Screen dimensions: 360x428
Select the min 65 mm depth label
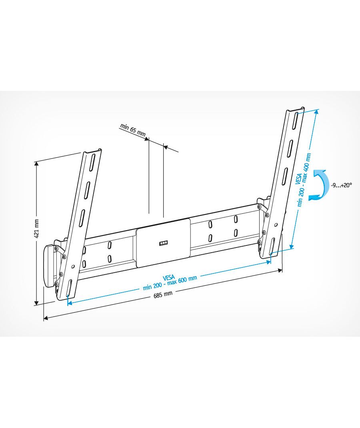click(133, 130)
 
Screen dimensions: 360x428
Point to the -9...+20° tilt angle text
click(341, 185)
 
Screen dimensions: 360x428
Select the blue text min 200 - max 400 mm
click(304, 180)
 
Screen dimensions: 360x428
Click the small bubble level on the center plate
click(164, 243)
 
